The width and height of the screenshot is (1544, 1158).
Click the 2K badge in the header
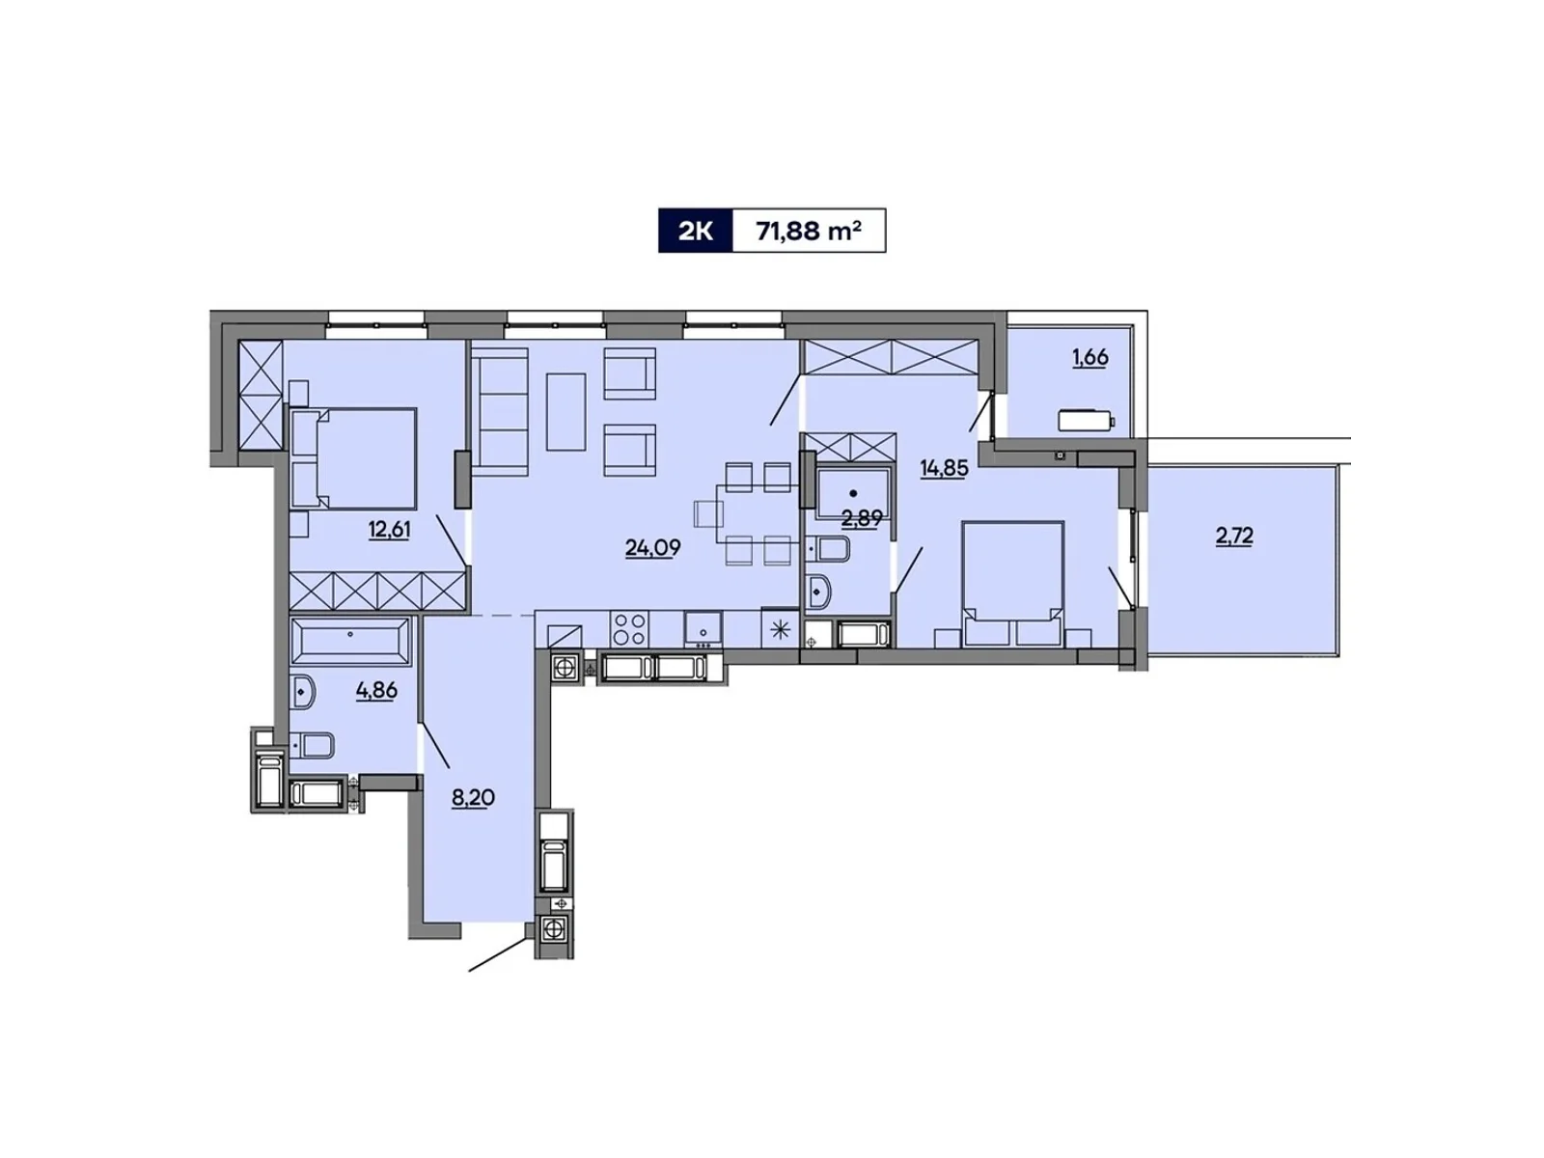[x=695, y=232]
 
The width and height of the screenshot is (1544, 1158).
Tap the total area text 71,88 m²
[x=809, y=232]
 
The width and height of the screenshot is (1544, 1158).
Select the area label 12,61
[x=389, y=529]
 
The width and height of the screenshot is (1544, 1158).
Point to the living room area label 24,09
[x=652, y=548]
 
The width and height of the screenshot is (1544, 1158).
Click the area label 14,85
[x=944, y=469]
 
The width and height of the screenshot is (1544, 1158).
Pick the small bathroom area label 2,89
[x=861, y=518]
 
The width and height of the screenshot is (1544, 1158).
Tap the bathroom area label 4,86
[x=376, y=691]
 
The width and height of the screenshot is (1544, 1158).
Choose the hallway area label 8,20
[x=473, y=798]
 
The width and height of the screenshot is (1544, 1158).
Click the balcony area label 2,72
[x=1234, y=536]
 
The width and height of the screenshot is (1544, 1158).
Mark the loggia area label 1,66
[x=1089, y=357]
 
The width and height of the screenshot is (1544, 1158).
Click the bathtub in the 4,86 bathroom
[x=350, y=641]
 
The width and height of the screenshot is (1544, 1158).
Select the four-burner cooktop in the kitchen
[x=630, y=629]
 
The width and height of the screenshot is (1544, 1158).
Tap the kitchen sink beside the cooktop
[x=704, y=628]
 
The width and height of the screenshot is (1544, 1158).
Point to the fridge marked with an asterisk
[x=780, y=630]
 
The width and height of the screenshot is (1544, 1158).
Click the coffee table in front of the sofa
[x=566, y=412]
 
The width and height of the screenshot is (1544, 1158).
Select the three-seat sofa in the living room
[x=500, y=412]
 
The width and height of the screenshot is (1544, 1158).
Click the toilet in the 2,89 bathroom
[x=828, y=549]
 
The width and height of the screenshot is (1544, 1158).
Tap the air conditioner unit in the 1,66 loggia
[x=1086, y=421]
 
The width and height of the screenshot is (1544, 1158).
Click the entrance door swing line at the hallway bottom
[x=499, y=953]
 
